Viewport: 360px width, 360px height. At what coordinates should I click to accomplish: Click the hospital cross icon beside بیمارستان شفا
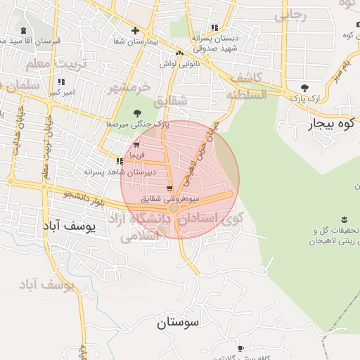tap(134, 31)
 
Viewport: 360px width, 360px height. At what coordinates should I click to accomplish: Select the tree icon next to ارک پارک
tap(304, 88)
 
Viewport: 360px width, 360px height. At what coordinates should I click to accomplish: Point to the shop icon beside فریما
tap(136, 145)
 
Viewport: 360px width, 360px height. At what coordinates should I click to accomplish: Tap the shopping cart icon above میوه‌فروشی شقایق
tap(170, 188)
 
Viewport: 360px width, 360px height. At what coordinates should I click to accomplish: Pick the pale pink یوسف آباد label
tap(46, 285)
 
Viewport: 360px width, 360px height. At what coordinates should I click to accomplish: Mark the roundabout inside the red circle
tap(174, 208)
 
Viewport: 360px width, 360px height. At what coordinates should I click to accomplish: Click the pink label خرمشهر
tap(129, 88)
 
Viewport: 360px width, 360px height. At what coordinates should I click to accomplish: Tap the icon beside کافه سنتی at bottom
tap(240, 349)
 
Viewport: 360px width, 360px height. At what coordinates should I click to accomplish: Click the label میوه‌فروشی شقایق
tap(163, 199)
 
